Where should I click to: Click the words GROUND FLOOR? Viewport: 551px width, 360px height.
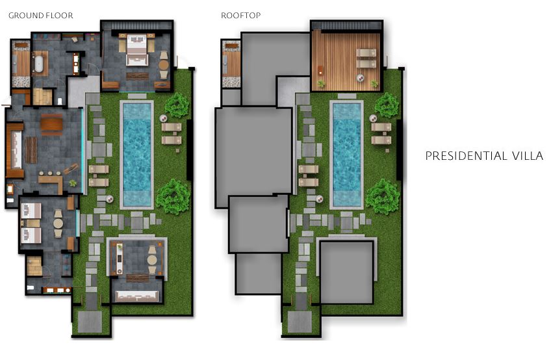click(41, 16)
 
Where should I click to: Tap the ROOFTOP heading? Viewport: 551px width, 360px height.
click(240, 16)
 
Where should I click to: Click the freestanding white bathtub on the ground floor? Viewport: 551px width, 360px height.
click(38, 64)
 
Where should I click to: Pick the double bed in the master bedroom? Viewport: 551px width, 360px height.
click(136, 49)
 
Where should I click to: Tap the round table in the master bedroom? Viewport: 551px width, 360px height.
click(164, 65)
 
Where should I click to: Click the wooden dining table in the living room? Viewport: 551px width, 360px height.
click(51, 125)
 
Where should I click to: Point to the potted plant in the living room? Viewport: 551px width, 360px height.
click(73, 183)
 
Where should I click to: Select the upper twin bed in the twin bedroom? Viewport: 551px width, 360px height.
click(31, 211)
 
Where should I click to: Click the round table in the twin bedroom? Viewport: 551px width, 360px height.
click(58, 224)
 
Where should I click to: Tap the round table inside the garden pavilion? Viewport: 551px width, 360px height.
click(152, 260)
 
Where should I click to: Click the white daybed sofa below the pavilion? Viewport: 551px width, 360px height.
click(136, 296)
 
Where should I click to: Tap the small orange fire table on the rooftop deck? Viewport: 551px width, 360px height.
click(321, 70)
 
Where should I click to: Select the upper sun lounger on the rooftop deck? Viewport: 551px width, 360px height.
click(366, 53)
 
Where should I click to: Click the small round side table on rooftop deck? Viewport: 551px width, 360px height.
click(361, 78)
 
